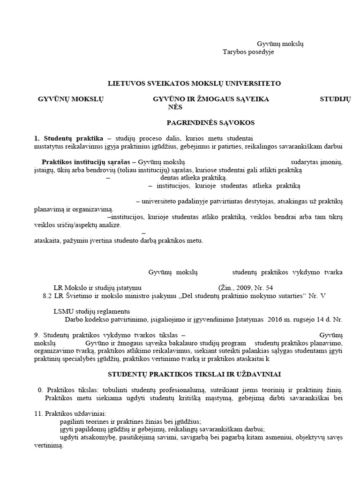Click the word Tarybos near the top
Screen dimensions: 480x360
(x=233, y=52)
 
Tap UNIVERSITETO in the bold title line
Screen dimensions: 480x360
(x=256, y=83)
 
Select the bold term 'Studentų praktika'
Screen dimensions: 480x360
(x=74, y=138)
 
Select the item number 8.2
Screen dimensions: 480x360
(x=48, y=295)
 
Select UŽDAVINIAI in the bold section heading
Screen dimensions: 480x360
(x=253, y=375)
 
